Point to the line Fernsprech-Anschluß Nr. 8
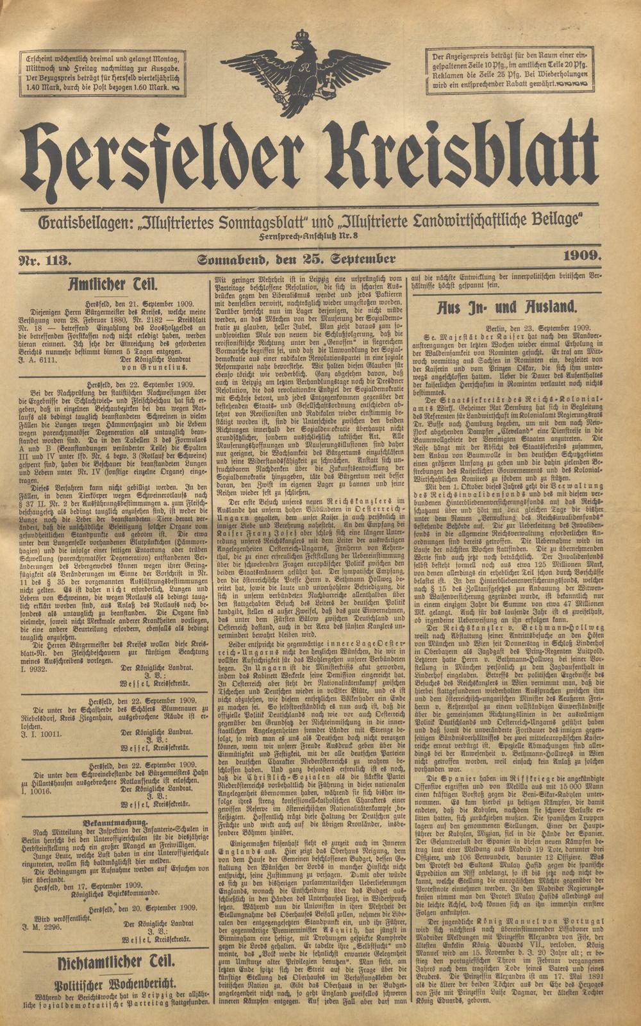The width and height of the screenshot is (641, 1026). point(316,237)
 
